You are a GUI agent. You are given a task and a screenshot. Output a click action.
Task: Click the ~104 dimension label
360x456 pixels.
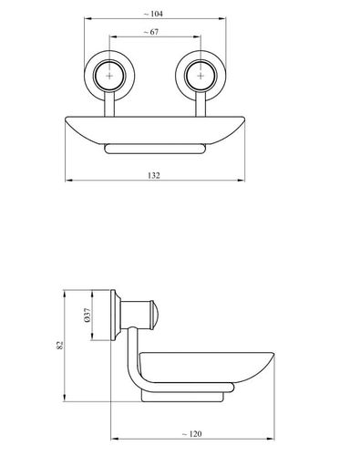click(153, 14)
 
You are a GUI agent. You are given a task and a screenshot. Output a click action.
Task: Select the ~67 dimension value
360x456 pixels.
click(150, 32)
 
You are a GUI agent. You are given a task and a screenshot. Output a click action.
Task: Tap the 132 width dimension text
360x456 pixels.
click(154, 175)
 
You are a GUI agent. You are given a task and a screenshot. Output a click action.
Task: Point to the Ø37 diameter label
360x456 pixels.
click(87, 315)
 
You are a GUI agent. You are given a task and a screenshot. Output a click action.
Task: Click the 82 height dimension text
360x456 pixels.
click(60, 345)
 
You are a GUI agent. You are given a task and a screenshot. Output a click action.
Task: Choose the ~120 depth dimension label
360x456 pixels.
click(191, 434)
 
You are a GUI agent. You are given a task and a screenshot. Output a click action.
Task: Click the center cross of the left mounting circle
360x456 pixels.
click(109, 76)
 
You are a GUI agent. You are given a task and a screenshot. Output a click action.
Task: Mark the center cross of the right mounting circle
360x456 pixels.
click(201, 76)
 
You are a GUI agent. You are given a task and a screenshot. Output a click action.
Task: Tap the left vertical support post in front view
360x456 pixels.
click(109, 104)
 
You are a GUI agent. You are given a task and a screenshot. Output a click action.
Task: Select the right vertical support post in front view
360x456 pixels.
click(201, 104)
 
